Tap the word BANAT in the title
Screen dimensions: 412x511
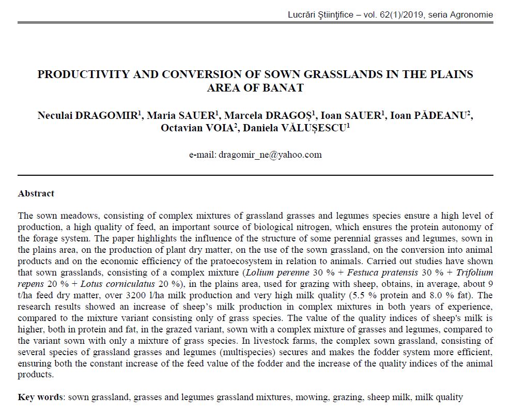point(284,87)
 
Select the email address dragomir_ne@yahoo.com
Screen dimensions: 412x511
point(270,154)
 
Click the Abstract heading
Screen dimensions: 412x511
point(36,193)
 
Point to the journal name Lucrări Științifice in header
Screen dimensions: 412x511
point(321,14)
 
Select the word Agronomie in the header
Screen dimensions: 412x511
point(472,14)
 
